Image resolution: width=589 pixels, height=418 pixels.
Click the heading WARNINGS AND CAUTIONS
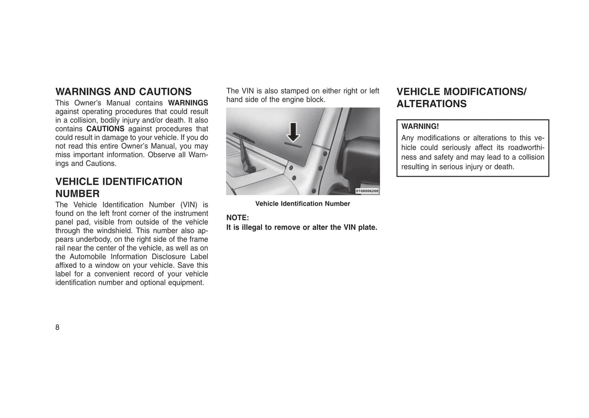pyautogui.click(x=123, y=92)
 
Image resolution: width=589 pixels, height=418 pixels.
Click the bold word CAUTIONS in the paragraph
pyautogui.click(x=105, y=129)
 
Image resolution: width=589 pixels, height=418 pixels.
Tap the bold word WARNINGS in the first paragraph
pyautogui.click(x=188, y=103)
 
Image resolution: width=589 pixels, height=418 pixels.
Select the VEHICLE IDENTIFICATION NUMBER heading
pyautogui.click(x=119, y=187)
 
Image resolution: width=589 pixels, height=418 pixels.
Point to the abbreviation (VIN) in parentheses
pyautogui.click(x=189, y=205)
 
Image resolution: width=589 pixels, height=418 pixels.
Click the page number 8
pyautogui.click(x=57, y=327)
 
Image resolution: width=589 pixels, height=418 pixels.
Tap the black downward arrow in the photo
pyautogui.click(x=293, y=133)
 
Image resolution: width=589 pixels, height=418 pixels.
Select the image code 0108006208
pyautogui.click(x=366, y=191)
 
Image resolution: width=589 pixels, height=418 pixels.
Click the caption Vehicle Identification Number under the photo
pyautogui.click(x=302, y=204)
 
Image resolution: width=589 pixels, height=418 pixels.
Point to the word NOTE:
pyautogui.click(x=237, y=218)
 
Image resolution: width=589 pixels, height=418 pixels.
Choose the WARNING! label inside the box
pyautogui.click(x=420, y=127)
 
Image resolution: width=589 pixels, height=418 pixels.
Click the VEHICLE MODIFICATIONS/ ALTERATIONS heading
pyautogui.click(x=461, y=98)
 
